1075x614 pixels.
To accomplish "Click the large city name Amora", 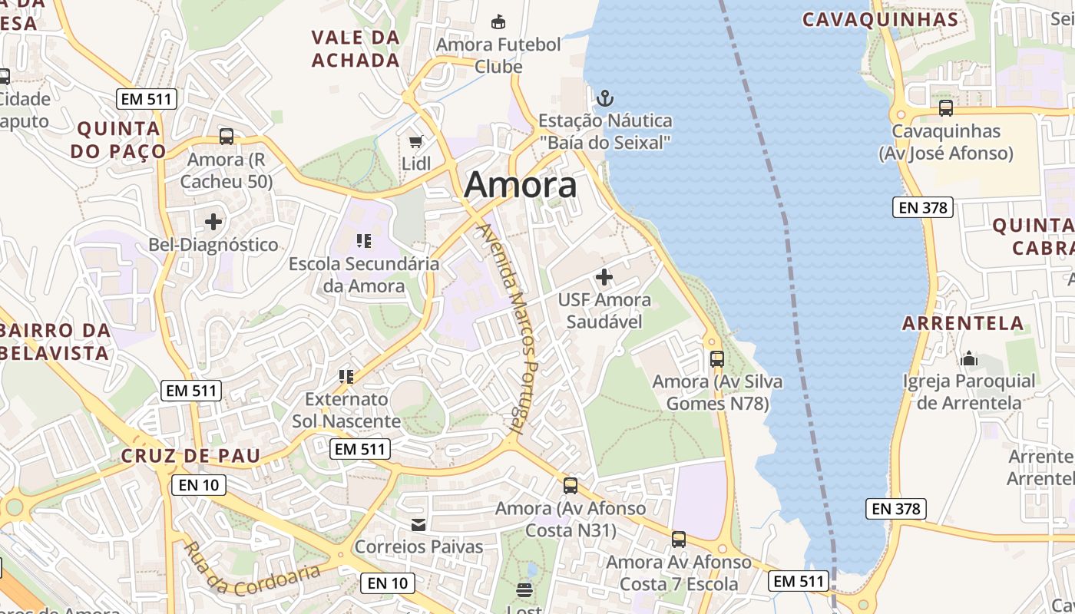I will (520, 185).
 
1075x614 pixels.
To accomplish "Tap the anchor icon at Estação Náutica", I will (605, 98).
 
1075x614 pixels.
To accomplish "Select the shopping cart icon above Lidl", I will (415, 142).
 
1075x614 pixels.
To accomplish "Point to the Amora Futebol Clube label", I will (498, 55).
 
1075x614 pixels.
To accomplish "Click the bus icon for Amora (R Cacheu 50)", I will (226, 137).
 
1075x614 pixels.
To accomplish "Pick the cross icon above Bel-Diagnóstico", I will (213, 223).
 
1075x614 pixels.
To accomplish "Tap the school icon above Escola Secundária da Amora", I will (364, 241).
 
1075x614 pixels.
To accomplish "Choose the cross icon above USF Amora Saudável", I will (604, 276).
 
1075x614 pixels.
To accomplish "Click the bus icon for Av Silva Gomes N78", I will (716, 358).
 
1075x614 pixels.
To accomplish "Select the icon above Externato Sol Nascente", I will (346, 376).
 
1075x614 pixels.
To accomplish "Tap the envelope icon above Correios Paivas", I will (418, 525).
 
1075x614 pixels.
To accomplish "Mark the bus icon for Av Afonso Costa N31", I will (570, 485).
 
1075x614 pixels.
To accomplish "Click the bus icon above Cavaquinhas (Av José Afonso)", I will (945, 108).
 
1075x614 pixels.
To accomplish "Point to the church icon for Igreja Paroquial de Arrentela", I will (969, 358).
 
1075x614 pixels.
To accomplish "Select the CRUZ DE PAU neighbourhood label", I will (190, 456).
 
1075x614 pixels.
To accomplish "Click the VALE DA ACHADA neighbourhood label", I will (356, 48).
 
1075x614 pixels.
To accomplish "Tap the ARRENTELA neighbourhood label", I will (963, 323).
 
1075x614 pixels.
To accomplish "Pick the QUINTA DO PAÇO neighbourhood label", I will (118, 140).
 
